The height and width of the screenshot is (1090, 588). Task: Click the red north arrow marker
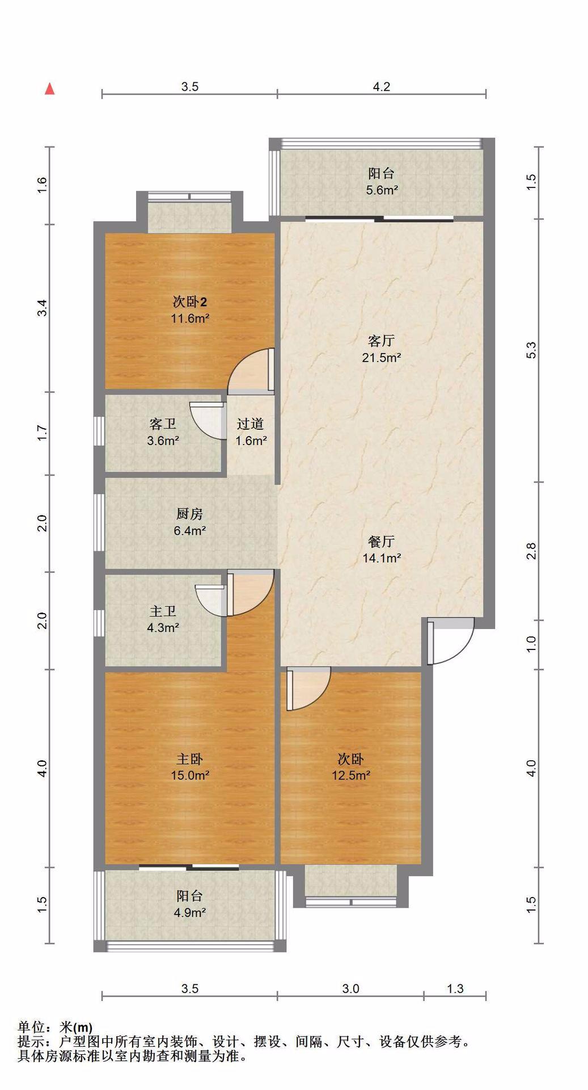coord(50,89)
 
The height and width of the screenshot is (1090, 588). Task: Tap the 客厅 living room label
coord(381,341)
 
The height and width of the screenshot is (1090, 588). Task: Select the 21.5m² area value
coord(382,358)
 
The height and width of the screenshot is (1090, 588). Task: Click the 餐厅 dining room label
coord(381,541)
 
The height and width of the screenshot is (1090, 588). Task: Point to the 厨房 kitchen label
coord(189,514)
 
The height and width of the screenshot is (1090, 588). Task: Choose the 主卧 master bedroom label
coord(189,759)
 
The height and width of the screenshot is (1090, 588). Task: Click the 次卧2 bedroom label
coord(190,301)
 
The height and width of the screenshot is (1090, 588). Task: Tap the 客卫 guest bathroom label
coord(163,424)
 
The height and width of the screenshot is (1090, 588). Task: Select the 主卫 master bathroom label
coord(163,611)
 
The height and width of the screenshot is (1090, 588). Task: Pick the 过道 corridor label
coord(250,424)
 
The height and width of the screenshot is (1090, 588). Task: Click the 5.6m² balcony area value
coord(382,190)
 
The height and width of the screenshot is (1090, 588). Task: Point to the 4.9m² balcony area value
coord(189,913)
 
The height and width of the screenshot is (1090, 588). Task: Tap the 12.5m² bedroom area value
coord(351,775)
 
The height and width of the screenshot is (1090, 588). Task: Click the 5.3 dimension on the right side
coord(531,350)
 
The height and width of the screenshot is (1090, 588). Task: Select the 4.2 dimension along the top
coord(382,87)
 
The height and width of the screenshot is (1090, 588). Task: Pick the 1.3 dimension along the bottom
coord(455,988)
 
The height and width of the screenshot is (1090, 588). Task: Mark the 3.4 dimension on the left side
coord(41,308)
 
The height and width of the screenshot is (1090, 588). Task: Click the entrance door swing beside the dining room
coord(450,640)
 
